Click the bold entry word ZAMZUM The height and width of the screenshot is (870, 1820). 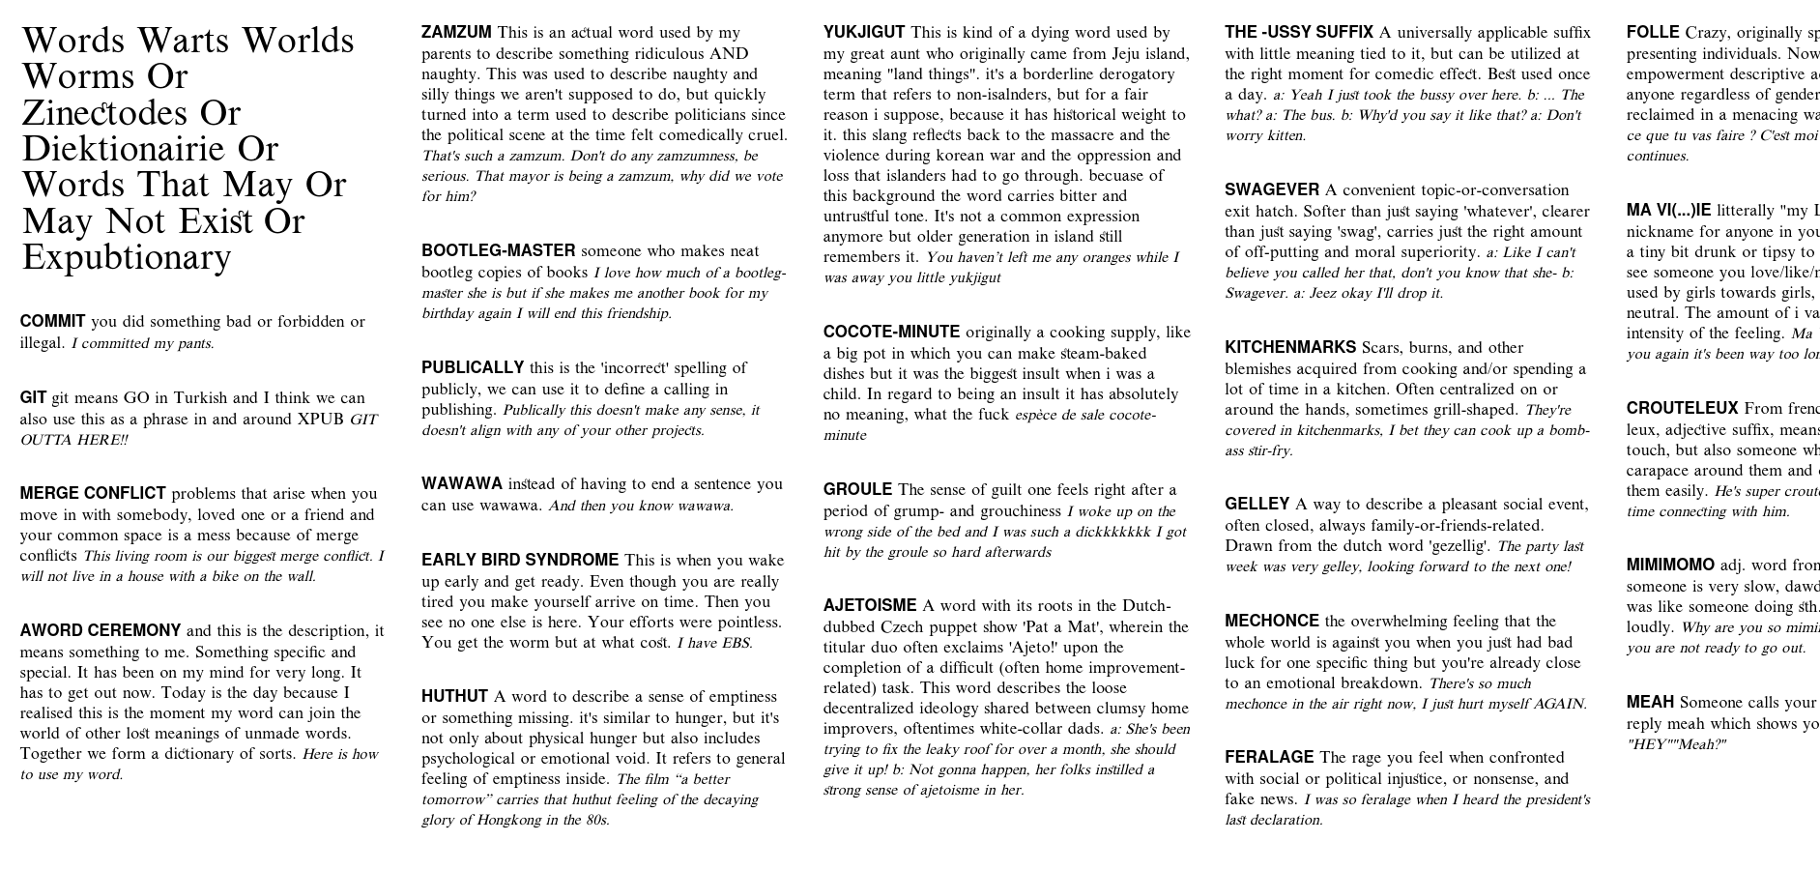[456, 33]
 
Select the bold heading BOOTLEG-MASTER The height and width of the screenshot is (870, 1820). [498, 251]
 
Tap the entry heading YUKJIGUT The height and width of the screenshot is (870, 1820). [864, 33]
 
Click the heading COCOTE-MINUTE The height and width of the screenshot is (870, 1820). [891, 333]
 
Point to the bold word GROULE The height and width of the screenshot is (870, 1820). [857, 490]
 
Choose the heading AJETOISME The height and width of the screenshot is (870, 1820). [869, 606]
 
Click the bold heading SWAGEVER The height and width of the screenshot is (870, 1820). [1271, 190]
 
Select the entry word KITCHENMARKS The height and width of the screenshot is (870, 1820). [1289, 348]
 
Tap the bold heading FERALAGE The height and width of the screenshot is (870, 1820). [1269, 758]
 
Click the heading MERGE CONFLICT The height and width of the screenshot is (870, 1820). [93, 494]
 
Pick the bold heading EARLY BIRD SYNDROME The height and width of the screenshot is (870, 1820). [519, 561]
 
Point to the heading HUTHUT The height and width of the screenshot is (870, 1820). [454, 697]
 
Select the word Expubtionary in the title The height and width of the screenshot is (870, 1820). [127, 257]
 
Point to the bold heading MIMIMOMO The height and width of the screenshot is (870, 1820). [1669, 565]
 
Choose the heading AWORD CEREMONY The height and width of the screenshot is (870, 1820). [101, 631]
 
